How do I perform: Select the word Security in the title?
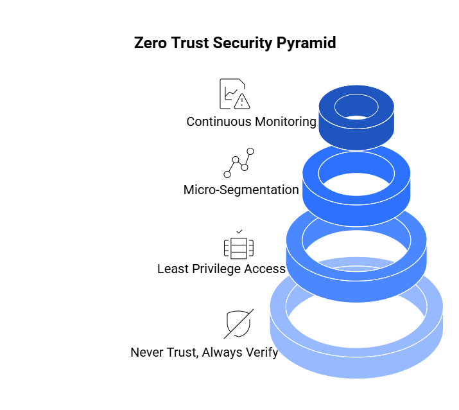(x=243, y=43)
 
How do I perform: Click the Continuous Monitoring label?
(x=251, y=121)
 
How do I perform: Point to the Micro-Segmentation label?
(x=241, y=190)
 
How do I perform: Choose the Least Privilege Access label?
(x=221, y=269)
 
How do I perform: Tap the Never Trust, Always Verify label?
(x=204, y=352)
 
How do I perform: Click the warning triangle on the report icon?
(x=242, y=102)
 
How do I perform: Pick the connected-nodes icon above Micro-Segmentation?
(x=239, y=163)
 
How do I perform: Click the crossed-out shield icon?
(x=239, y=324)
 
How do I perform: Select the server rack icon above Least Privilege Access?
(x=239, y=248)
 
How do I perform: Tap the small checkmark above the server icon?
(x=239, y=231)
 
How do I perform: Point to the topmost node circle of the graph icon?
(x=250, y=152)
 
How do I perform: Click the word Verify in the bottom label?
(x=261, y=353)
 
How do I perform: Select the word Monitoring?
(x=286, y=121)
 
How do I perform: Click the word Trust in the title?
(x=190, y=43)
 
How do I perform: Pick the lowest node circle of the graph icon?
(x=227, y=174)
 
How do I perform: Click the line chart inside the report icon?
(x=230, y=93)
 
